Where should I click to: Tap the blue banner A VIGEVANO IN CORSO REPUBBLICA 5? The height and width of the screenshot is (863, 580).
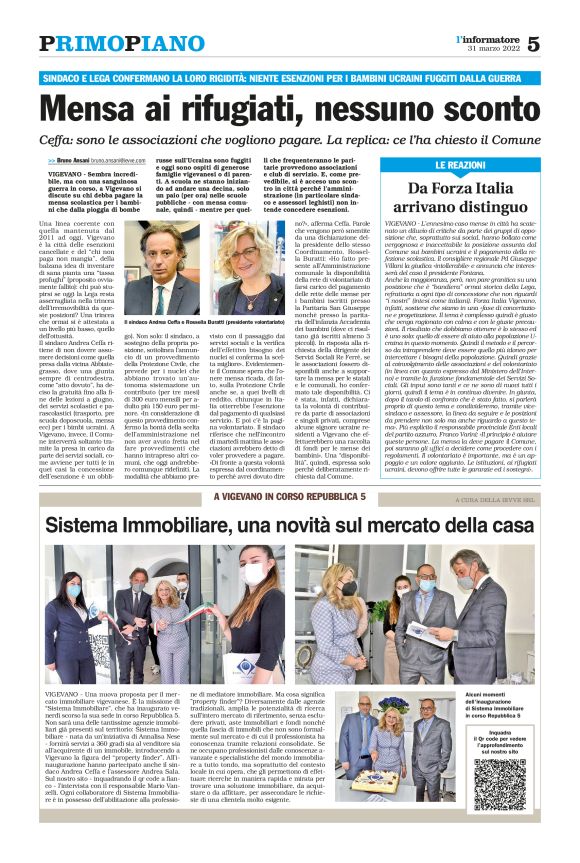point(289,497)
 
